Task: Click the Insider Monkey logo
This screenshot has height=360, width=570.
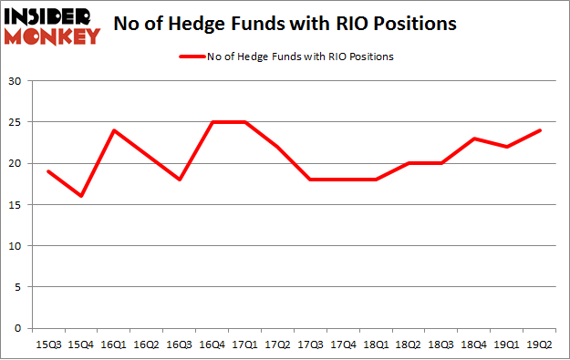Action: pyautogui.click(x=52, y=26)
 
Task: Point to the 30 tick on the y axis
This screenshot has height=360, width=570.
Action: pyautogui.click(x=16, y=81)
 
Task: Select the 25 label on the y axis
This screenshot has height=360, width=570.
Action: pyautogui.click(x=16, y=122)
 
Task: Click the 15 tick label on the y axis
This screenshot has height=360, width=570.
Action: pyautogui.click(x=16, y=205)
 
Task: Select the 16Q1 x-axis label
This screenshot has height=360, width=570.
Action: pyautogui.click(x=113, y=345)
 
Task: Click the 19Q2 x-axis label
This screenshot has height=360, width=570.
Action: pyautogui.click(x=541, y=345)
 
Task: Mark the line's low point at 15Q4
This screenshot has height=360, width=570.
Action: pyautogui.click(x=80, y=196)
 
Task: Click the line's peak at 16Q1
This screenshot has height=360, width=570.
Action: pyautogui.click(x=113, y=130)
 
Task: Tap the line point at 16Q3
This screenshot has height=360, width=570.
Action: pyautogui.click(x=179, y=180)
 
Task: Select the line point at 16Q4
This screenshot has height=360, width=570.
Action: pyautogui.click(x=212, y=122)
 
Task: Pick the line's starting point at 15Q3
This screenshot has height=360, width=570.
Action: pyautogui.click(x=47, y=171)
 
